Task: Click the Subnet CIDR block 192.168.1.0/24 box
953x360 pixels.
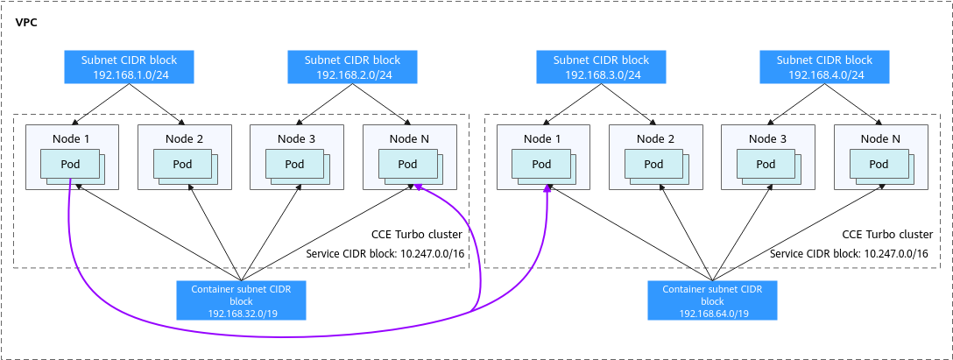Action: (129, 67)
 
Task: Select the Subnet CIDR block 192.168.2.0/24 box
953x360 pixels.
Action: (352, 67)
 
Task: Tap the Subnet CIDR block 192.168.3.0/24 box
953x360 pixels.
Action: (602, 67)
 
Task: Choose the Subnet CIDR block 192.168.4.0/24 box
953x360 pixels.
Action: (825, 67)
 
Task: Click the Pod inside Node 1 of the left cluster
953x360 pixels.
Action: (70, 164)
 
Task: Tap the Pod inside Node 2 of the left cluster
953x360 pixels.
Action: (182, 164)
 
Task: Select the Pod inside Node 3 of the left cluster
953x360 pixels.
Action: (294, 164)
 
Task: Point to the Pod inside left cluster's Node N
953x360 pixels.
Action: (407, 164)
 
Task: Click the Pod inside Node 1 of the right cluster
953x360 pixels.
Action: (541, 164)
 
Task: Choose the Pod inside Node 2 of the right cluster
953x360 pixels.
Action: (653, 164)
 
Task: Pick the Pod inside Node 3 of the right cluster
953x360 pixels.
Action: (766, 164)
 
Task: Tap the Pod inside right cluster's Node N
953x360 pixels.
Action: (879, 164)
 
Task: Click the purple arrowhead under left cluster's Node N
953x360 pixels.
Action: (420, 187)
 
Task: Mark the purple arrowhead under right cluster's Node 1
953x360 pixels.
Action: (547, 187)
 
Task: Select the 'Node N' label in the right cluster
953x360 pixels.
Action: (880, 138)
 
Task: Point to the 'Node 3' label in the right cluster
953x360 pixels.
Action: (767, 138)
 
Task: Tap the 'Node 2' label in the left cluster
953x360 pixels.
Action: (184, 138)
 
